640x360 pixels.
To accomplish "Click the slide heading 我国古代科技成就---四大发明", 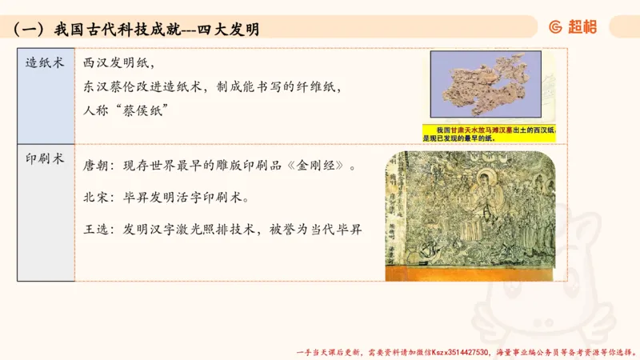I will coord(156,30).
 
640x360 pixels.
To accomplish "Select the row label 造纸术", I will coord(45,62).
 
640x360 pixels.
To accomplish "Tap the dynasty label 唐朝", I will coord(98,167).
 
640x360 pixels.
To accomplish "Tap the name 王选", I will coord(98,229).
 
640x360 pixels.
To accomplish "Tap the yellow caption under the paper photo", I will coord(490,134).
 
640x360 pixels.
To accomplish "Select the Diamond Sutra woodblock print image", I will coord(470,215).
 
